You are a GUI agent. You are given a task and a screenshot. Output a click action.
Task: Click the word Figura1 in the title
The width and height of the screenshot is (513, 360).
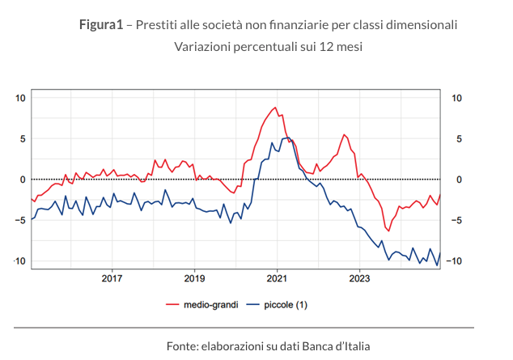click(100, 24)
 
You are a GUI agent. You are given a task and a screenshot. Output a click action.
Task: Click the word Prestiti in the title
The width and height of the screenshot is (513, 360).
click(159, 24)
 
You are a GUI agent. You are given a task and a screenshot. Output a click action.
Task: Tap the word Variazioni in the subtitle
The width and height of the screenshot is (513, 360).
click(202, 46)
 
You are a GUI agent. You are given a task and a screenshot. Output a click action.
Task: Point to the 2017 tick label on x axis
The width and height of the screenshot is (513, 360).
click(111, 278)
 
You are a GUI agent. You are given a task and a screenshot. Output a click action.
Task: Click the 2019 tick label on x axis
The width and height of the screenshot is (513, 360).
click(194, 278)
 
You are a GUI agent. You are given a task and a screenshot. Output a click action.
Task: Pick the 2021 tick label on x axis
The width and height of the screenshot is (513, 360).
click(277, 278)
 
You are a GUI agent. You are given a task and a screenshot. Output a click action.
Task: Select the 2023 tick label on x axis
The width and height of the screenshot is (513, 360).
click(359, 278)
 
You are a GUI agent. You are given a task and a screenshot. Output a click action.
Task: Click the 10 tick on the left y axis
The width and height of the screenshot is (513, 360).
click(21, 98)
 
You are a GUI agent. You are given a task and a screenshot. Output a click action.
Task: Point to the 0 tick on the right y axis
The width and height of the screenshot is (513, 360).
click(458, 180)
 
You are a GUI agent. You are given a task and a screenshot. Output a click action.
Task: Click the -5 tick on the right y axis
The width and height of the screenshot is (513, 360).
click(456, 220)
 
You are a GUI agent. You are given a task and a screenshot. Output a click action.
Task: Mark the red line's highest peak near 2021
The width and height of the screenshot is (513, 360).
click(275, 108)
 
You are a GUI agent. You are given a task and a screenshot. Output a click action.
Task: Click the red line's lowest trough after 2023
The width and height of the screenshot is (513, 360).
click(388, 231)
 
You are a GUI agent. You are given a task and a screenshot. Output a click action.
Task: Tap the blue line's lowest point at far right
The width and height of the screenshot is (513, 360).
click(437, 265)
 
